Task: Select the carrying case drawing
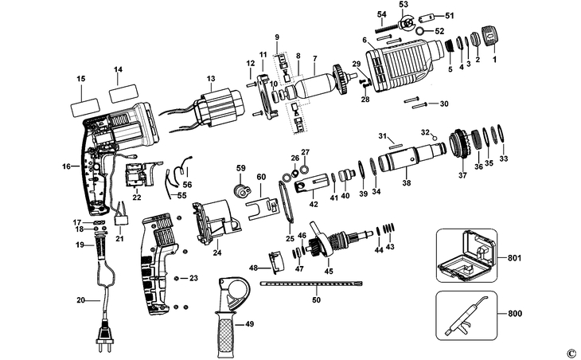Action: (x=468, y=256)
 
